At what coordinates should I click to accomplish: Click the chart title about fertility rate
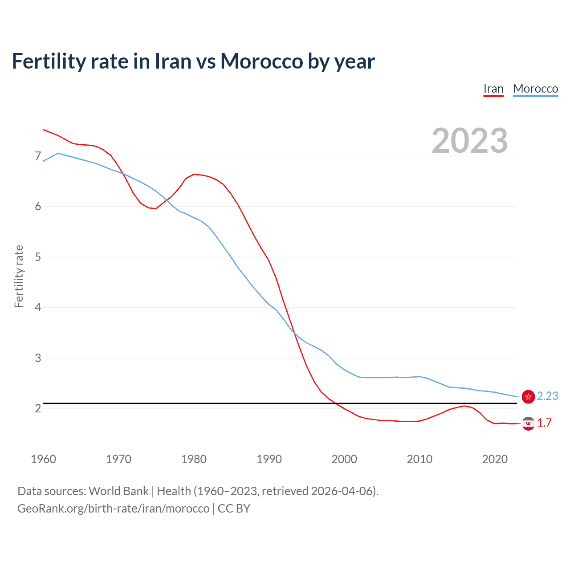tap(193, 61)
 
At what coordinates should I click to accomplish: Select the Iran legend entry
tap(493, 89)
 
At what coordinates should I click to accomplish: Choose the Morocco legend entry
tap(535, 89)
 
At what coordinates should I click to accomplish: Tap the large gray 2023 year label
tap(470, 141)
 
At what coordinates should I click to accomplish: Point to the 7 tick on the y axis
tap(38, 156)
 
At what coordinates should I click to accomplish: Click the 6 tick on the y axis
tap(38, 206)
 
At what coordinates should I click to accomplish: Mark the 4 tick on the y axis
tap(38, 307)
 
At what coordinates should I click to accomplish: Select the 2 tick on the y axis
tap(38, 408)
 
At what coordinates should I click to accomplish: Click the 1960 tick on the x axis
tap(43, 459)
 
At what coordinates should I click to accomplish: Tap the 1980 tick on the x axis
tap(194, 459)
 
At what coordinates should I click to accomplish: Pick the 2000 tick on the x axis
tap(344, 459)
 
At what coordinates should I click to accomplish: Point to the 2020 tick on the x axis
tap(495, 459)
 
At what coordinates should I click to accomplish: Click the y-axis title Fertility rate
tap(19, 276)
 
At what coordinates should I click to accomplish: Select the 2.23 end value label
tap(547, 396)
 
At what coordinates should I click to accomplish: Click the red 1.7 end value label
tap(544, 423)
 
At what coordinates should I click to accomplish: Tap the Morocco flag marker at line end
tap(528, 396)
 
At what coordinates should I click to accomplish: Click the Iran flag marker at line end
tap(528, 423)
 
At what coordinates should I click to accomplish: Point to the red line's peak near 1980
tap(194, 174)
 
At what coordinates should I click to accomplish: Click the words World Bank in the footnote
tap(118, 491)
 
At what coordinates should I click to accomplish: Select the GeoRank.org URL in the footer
tap(113, 508)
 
